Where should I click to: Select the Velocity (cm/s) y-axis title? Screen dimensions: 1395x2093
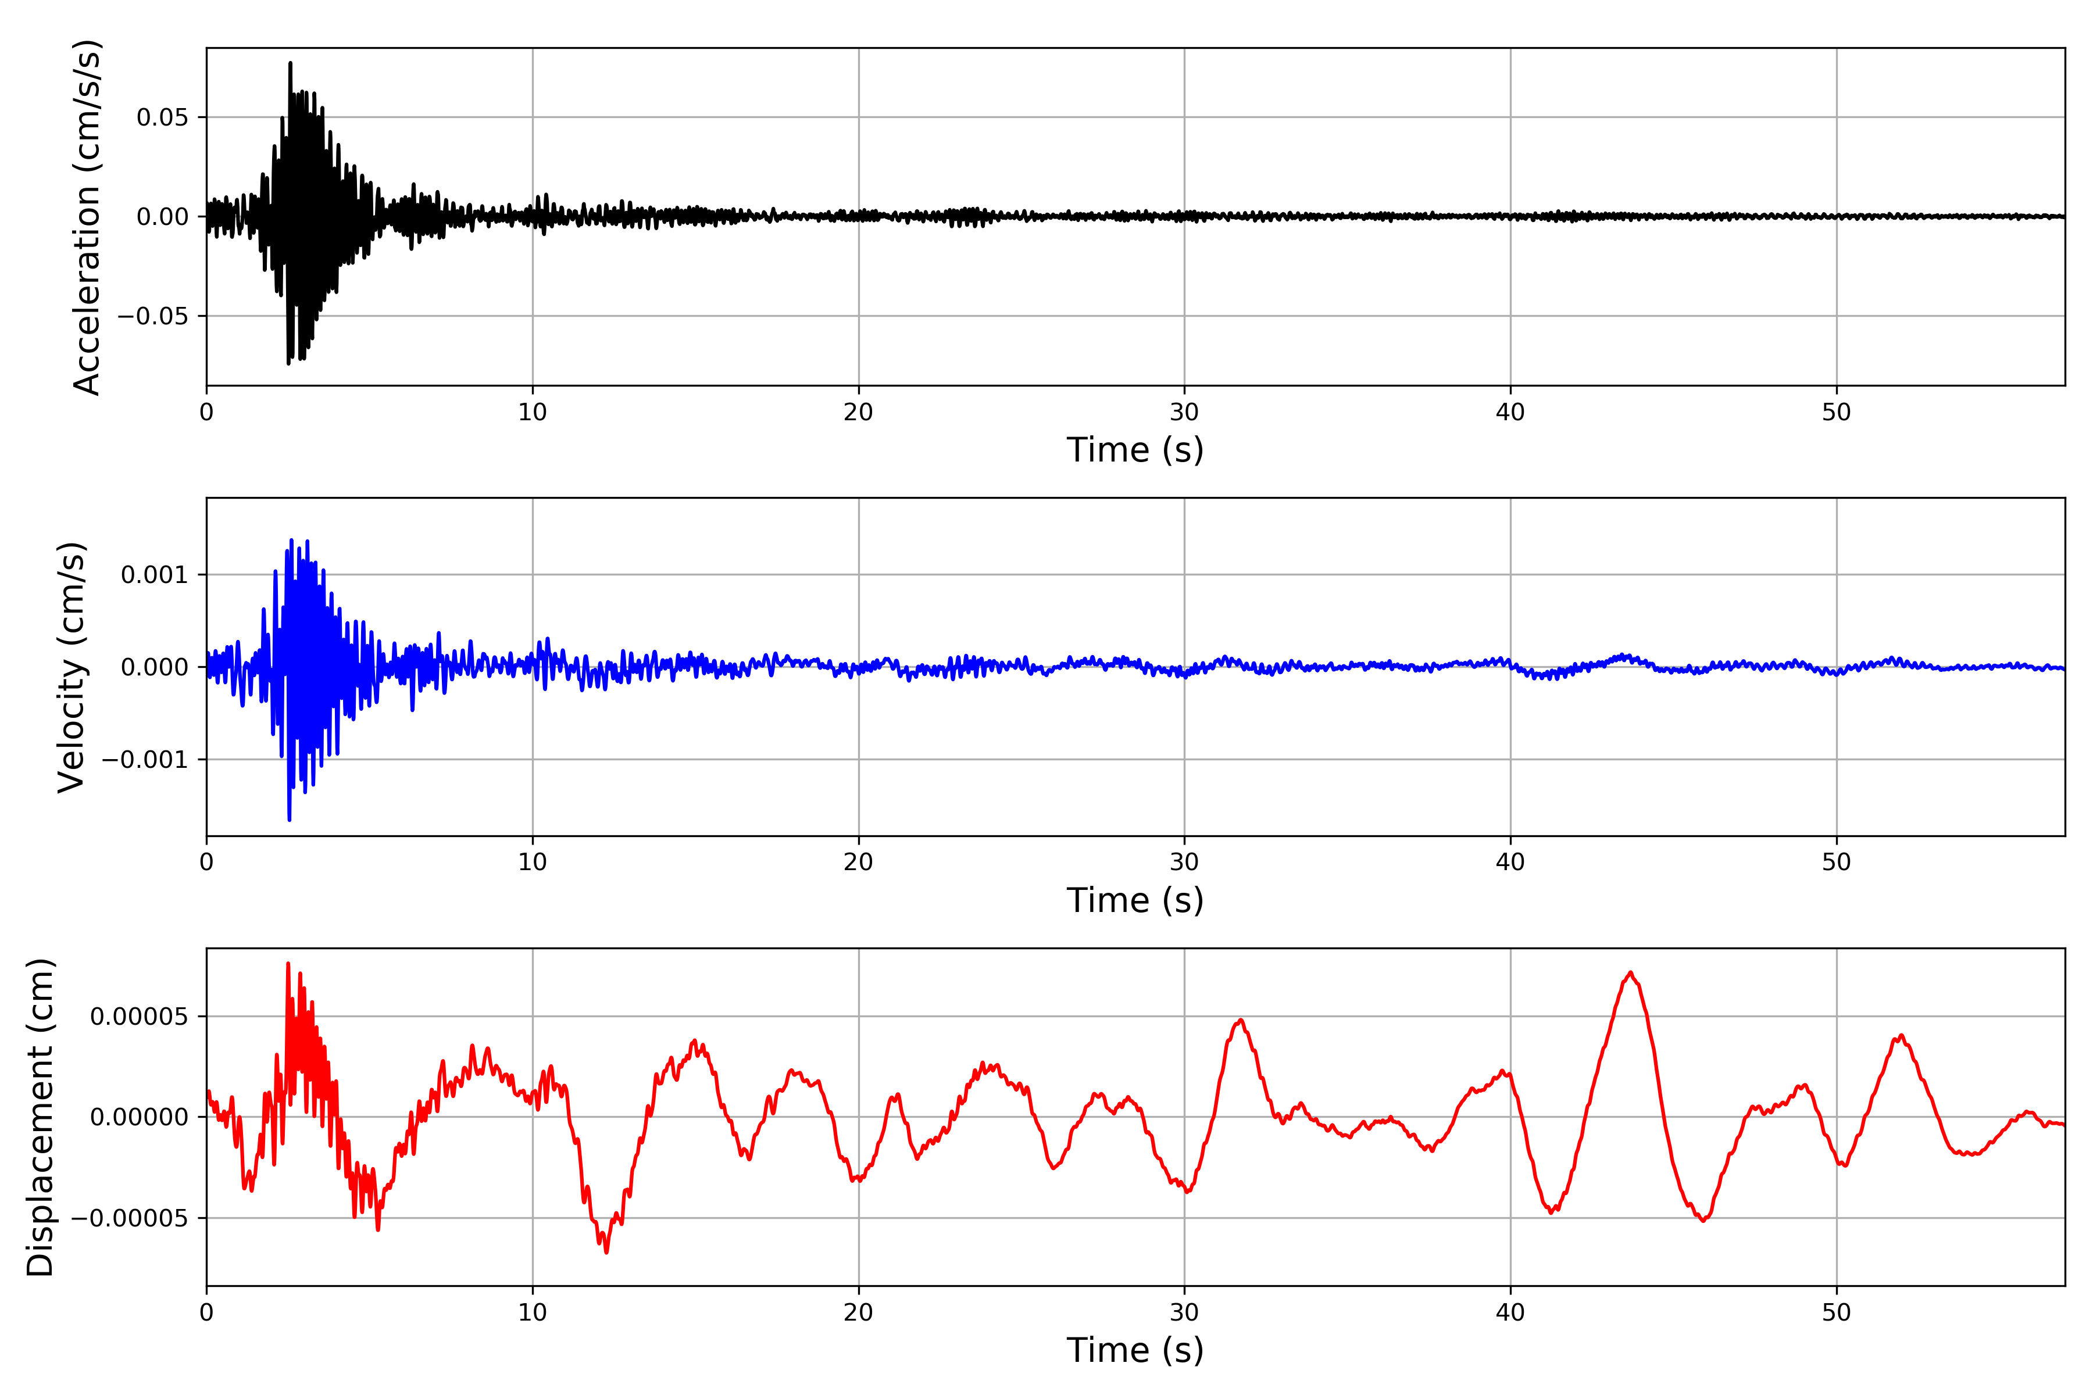(x=71, y=667)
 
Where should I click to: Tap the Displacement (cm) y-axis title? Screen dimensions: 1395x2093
(x=40, y=1117)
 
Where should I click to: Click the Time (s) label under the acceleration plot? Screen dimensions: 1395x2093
(x=1135, y=450)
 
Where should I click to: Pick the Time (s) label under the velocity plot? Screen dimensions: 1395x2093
(x=1135, y=900)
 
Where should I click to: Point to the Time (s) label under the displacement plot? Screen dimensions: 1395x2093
(x=1135, y=1350)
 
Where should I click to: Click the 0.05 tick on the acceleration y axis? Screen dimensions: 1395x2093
(x=162, y=117)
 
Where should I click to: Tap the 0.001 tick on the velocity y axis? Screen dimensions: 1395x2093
(x=154, y=575)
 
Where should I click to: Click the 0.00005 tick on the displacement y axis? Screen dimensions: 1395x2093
(x=139, y=1017)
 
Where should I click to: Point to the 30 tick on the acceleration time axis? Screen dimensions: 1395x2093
(x=1184, y=413)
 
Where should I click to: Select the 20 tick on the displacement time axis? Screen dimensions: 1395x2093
(x=859, y=1313)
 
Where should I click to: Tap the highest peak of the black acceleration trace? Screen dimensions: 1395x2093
(x=290, y=62)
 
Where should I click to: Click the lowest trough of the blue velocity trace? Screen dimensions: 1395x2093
(x=289, y=820)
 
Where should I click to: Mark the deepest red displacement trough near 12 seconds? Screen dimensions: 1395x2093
(x=607, y=1253)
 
